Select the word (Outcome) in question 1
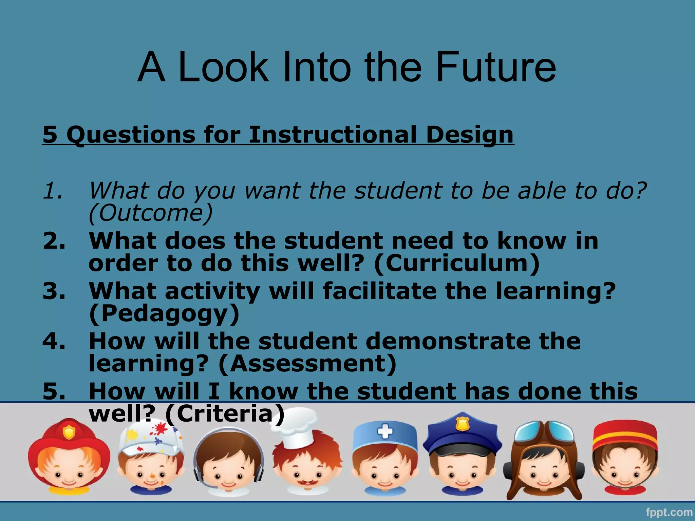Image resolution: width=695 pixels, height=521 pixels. point(151,213)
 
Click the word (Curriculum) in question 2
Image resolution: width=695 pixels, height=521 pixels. point(456,263)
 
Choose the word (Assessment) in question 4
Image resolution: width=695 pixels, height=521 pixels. point(307,363)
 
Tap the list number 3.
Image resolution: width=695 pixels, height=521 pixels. point(54,291)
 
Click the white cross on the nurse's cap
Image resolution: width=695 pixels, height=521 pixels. point(385,432)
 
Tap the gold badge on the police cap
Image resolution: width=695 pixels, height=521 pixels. point(462,424)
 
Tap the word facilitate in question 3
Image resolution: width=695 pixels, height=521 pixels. point(379,291)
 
